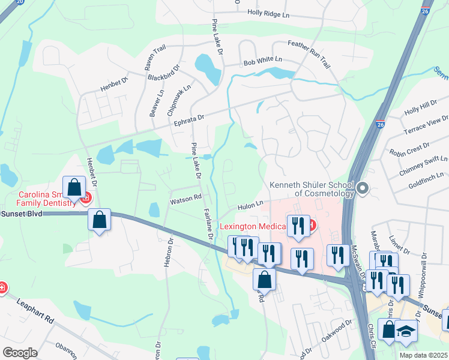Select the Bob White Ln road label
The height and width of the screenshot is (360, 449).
(x=262, y=62)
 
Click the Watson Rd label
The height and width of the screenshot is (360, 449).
(x=185, y=198)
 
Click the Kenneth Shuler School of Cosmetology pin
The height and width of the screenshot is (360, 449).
(x=362, y=190)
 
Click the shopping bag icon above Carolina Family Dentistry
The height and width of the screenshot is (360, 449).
(x=74, y=187)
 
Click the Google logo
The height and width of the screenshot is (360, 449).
(x=20, y=353)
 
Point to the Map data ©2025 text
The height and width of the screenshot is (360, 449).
(x=423, y=355)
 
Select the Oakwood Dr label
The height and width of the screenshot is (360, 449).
(x=336, y=332)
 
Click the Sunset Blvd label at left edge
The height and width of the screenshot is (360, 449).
(x=22, y=214)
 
